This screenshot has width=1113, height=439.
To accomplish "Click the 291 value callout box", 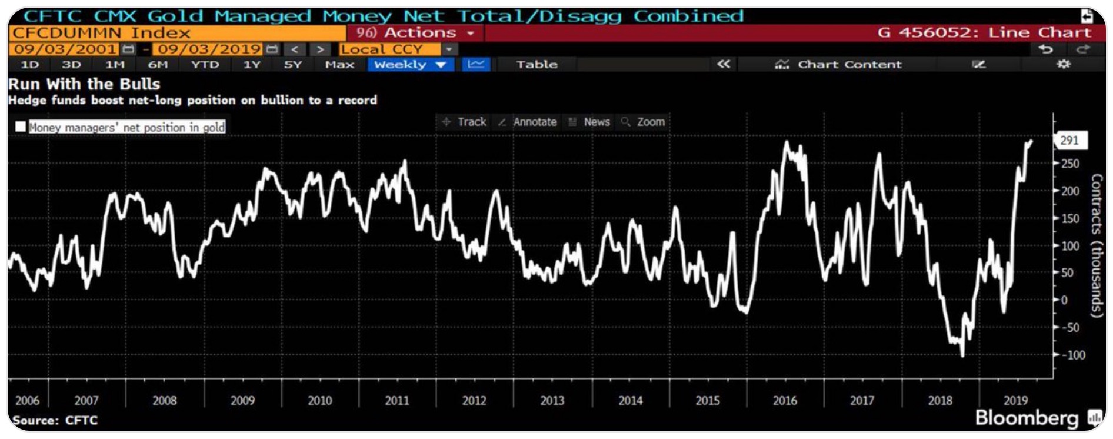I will point(1069,141).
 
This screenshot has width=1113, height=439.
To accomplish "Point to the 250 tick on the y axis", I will point(1070,164).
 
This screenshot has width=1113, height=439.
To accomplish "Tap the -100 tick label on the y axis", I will point(1072,355).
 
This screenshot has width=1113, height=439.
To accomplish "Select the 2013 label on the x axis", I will point(552,401).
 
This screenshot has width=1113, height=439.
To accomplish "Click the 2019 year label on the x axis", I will point(1015,401).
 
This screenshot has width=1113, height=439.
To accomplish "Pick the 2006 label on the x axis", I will point(27,401).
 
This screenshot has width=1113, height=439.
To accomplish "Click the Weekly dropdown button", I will point(410,65).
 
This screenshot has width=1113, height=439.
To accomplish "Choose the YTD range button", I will point(205,65).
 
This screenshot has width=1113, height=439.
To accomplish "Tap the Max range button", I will point(339,65).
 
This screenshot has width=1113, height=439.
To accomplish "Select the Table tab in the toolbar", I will point(536,65).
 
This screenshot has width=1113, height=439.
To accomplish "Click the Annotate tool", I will point(528,122).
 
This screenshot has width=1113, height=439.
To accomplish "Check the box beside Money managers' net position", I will point(21,127).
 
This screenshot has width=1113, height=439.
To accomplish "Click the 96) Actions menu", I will point(415,33).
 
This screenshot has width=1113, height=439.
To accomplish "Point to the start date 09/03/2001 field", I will point(66,49).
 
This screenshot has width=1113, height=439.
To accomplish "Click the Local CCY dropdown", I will point(398,49).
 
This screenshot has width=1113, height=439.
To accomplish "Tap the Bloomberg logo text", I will point(1027,418).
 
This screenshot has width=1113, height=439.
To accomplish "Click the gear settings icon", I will point(1064,64).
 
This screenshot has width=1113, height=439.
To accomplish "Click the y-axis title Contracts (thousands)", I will point(1097,245).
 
